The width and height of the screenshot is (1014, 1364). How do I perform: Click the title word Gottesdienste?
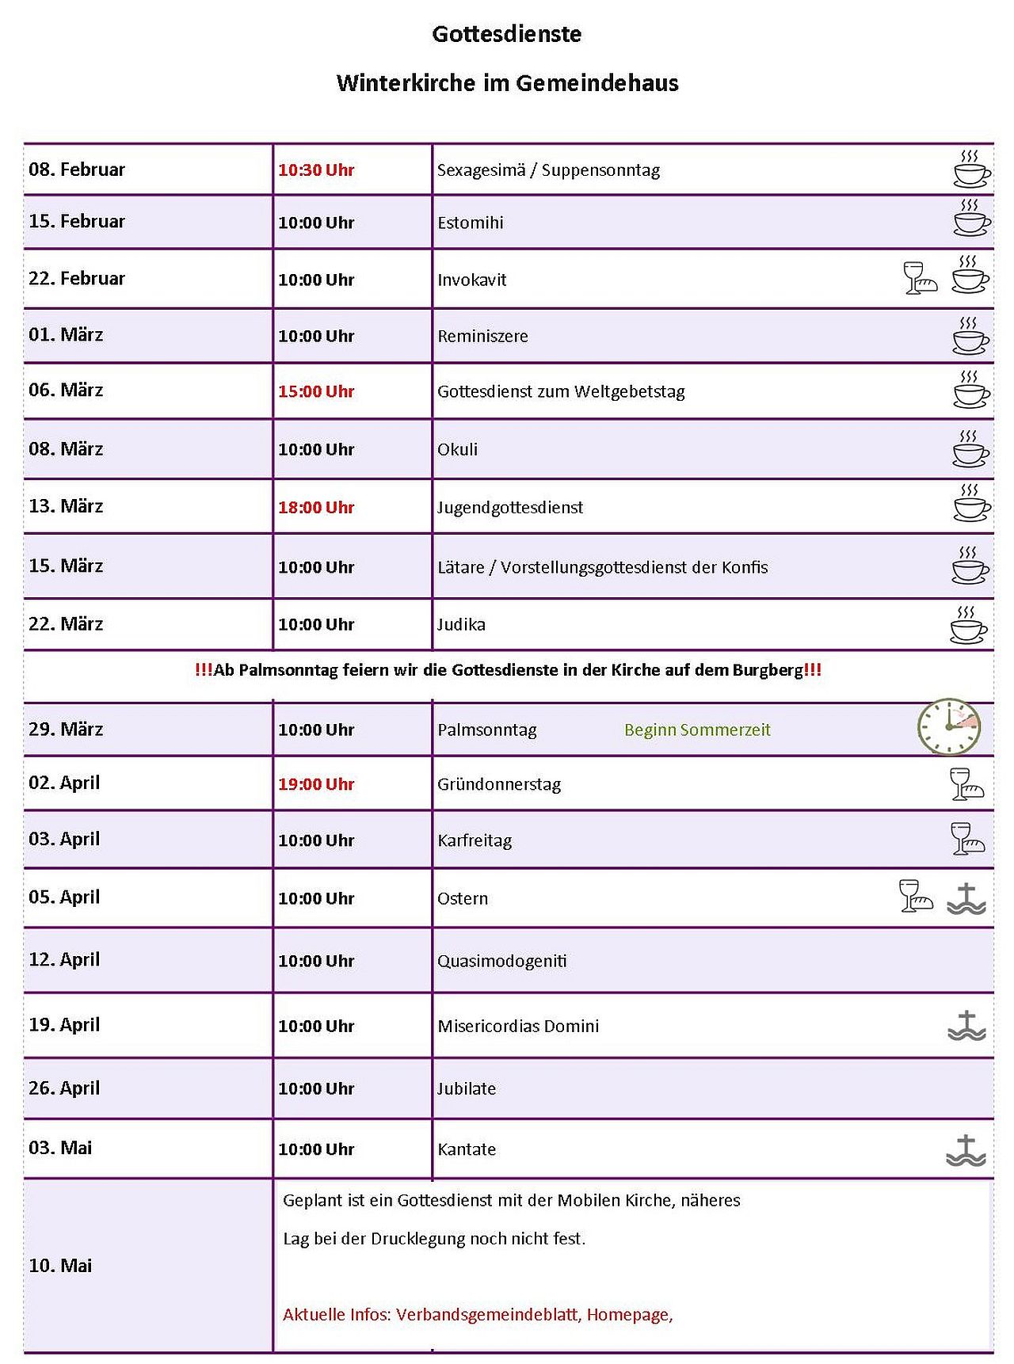507,34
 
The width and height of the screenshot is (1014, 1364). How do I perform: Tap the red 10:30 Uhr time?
316,170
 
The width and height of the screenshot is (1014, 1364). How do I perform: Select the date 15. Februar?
77,222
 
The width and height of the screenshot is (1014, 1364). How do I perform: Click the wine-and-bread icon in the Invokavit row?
920,279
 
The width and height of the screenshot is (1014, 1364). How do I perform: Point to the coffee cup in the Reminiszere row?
970,336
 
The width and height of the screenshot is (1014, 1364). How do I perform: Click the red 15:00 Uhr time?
316,392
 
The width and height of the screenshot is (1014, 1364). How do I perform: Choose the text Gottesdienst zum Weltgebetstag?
561,392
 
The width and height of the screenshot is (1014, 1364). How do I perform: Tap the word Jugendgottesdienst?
510,508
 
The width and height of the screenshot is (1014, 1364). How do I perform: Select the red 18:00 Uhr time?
316,508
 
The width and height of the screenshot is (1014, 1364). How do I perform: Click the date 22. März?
66,624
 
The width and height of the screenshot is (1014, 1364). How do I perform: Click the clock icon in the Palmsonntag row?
949,727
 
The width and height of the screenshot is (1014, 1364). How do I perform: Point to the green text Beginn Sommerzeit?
697,730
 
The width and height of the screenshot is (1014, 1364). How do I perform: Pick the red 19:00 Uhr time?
316,785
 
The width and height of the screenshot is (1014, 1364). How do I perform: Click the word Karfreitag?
475,841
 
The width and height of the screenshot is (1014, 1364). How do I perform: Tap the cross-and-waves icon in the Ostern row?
966,899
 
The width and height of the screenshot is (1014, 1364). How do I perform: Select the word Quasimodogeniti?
502,962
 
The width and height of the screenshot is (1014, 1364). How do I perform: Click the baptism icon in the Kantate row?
966,1150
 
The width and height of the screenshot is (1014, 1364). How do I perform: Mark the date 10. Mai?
60,1266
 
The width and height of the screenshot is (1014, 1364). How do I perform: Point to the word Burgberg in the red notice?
767,670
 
